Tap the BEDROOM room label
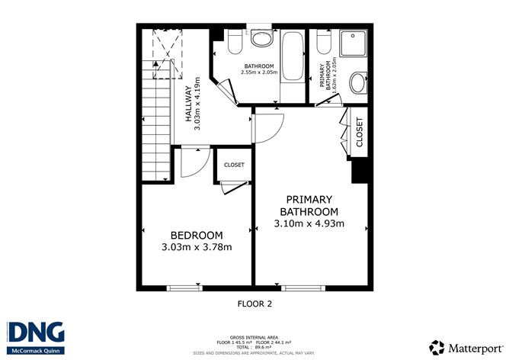196,235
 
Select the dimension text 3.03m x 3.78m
196,247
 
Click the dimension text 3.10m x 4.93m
309,223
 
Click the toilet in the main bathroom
234,40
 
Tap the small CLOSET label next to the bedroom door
234,165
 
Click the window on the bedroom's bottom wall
184,288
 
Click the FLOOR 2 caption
254,304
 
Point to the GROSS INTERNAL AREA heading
254,336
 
